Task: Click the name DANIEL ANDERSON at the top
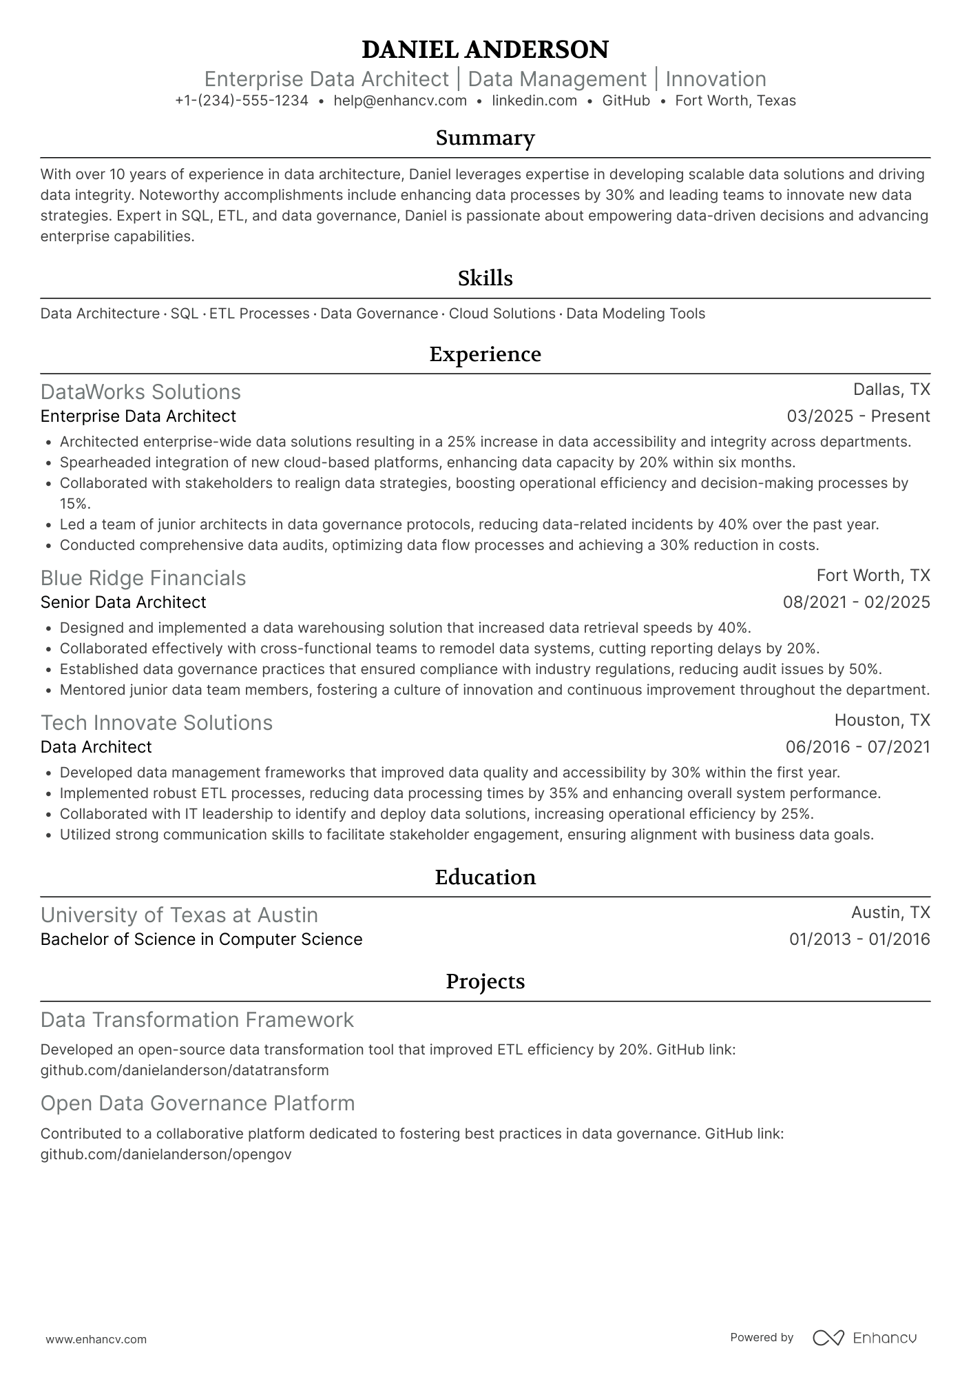pyautogui.click(x=485, y=50)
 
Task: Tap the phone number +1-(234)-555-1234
pyautogui.click(x=242, y=101)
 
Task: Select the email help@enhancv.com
pyautogui.click(x=400, y=101)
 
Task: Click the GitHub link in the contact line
pyautogui.click(x=626, y=101)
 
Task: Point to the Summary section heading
pyautogui.click(x=485, y=139)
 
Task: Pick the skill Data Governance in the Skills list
pyautogui.click(x=379, y=314)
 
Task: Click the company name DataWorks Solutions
pyautogui.click(x=140, y=391)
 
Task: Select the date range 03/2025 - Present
pyautogui.click(x=858, y=416)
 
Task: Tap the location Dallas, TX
pyautogui.click(x=891, y=389)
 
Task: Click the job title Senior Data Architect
pyautogui.click(x=123, y=602)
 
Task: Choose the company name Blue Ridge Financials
pyautogui.click(x=143, y=578)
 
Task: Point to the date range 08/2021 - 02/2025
pyautogui.click(x=856, y=602)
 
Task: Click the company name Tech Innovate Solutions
pyautogui.click(x=156, y=722)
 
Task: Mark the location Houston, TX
pyautogui.click(x=882, y=720)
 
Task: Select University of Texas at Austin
pyautogui.click(x=179, y=915)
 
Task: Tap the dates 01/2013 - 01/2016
pyautogui.click(x=859, y=939)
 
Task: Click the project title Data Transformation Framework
pyautogui.click(x=197, y=1019)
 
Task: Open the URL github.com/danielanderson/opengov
pyautogui.click(x=166, y=1154)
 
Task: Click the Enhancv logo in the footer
pyautogui.click(x=865, y=1338)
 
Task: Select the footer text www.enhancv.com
pyautogui.click(x=96, y=1339)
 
